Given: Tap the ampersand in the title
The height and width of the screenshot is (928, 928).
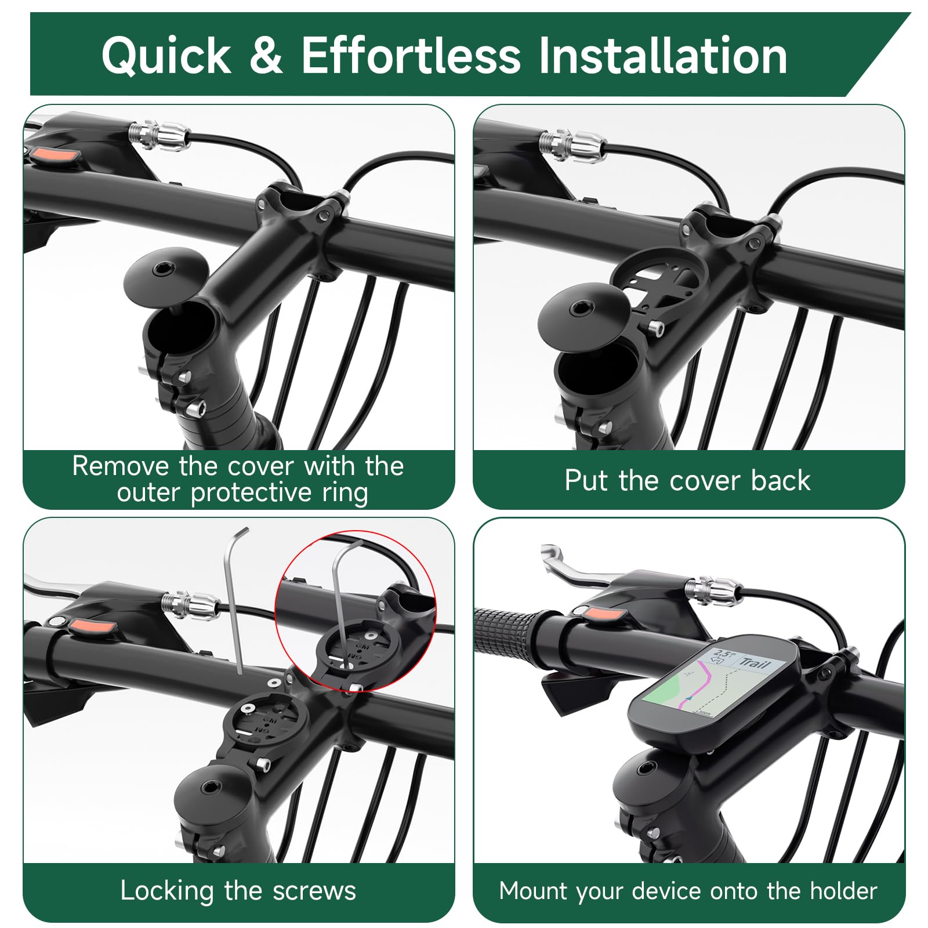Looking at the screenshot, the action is tap(266, 55).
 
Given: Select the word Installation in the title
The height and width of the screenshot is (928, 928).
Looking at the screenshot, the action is tap(662, 55).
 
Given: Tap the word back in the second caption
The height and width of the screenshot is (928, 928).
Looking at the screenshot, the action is tap(781, 481).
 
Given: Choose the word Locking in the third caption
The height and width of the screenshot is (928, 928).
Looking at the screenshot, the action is tap(167, 891).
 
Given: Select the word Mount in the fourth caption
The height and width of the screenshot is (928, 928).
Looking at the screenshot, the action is tap(534, 891).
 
